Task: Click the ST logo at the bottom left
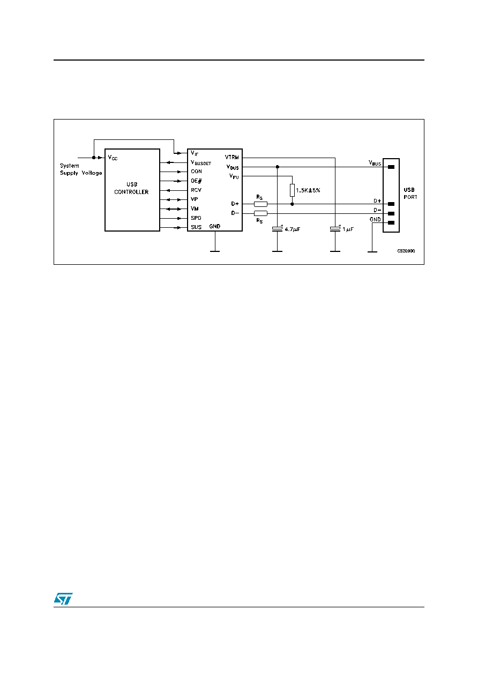click(63, 598)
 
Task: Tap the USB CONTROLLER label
click(131, 188)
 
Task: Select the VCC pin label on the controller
click(113, 158)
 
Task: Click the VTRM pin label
click(231, 157)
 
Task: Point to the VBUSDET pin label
click(201, 162)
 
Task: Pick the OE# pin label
click(196, 181)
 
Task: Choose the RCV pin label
click(196, 190)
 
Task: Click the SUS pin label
click(196, 227)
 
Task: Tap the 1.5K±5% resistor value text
click(308, 190)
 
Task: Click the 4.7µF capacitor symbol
click(277, 229)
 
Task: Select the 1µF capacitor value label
click(348, 229)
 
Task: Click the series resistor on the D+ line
click(260, 204)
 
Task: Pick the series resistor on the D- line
click(260, 213)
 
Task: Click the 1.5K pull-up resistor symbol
click(292, 190)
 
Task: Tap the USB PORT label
click(410, 194)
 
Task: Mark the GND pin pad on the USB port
click(391, 223)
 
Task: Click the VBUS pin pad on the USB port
click(391, 167)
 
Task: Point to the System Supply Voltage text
click(81, 169)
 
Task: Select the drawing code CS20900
click(406, 251)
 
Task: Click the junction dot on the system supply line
click(94, 158)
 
